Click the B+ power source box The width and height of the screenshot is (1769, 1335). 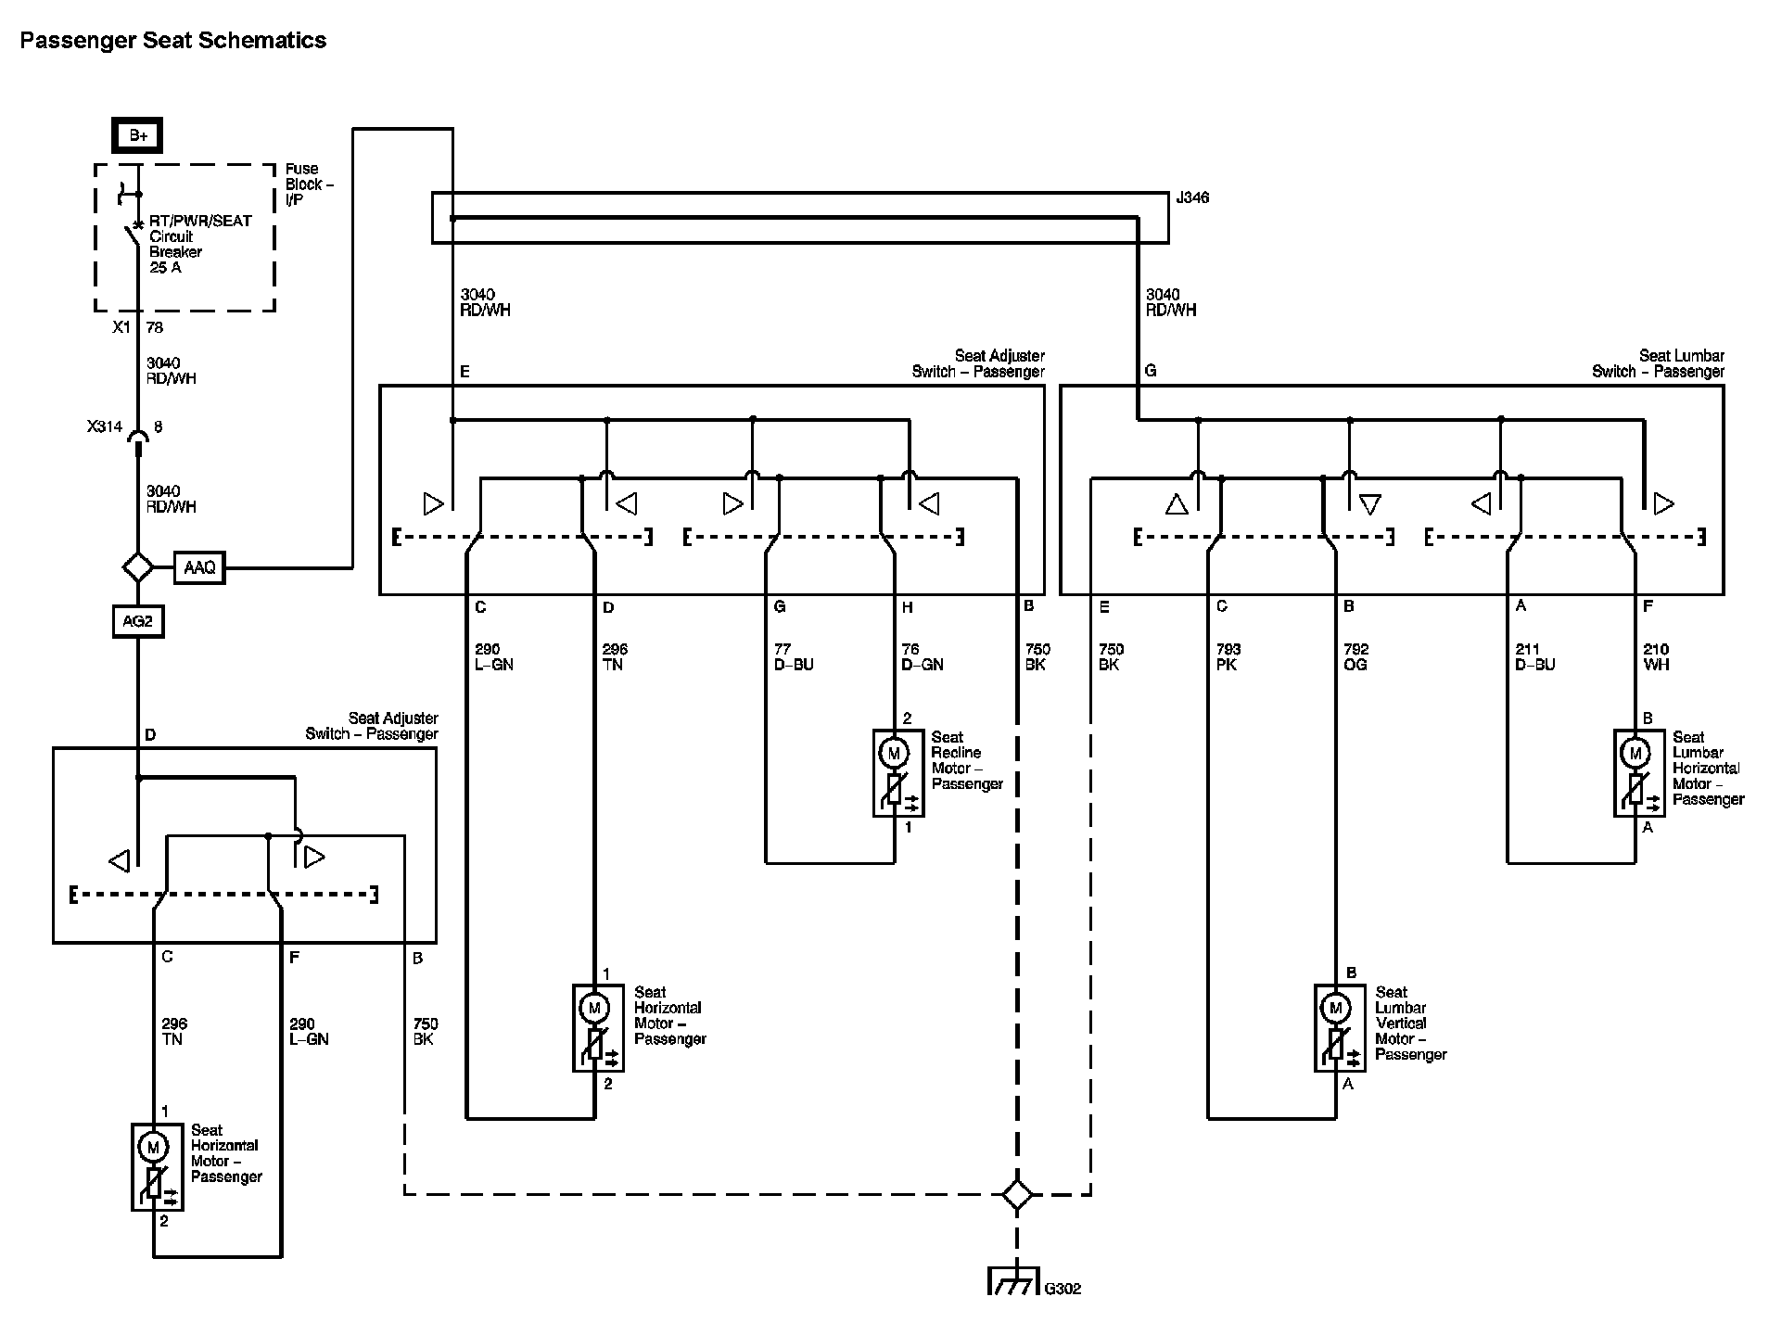(x=138, y=135)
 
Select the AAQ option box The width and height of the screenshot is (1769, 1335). (x=199, y=567)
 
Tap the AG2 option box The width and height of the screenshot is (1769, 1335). (x=137, y=621)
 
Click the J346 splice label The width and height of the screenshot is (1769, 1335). (x=1191, y=197)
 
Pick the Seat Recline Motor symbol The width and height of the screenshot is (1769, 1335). (x=895, y=772)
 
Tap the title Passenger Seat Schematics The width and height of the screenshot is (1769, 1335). (x=173, y=41)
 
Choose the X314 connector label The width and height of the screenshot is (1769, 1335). (x=105, y=427)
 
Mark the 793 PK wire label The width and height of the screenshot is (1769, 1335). (x=1228, y=657)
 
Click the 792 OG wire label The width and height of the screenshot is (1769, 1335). (x=1355, y=657)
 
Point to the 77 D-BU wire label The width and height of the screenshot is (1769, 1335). (x=794, y=657)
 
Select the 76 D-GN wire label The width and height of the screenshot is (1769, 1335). (x=923, y=657)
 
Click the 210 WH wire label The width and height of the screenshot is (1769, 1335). (x=1656, y=657)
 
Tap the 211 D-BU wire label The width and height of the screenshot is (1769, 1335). (x=1534, y=657)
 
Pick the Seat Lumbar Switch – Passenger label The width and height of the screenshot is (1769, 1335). (x=1659, y=363)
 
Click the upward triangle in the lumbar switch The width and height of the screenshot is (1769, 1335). (x=1177, y=504)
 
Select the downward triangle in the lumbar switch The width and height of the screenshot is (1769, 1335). (x=1370, y=505)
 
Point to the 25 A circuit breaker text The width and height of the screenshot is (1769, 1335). (x=165, y=268)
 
